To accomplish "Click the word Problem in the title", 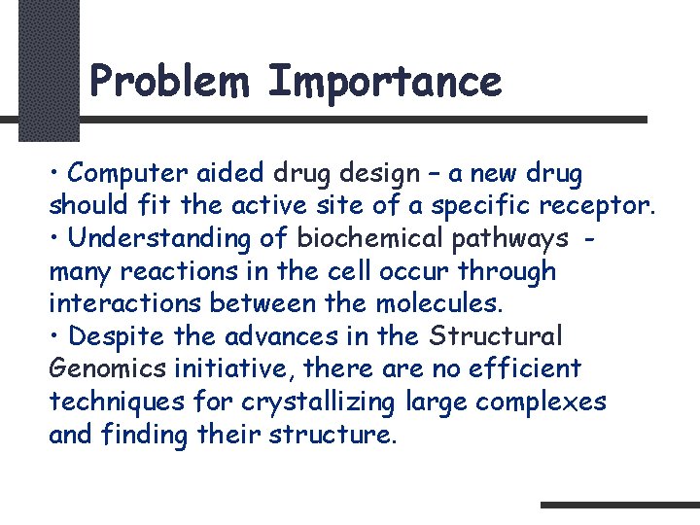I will [x=172, y=82].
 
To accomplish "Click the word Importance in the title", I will [x=384, y=82].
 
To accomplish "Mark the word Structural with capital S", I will [x=497, y=336].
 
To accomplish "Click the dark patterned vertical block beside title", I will [x=48, y=68].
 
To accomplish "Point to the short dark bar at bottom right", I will [x=619, y=505].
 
